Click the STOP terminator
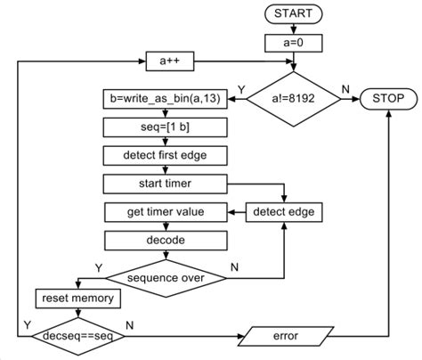click(x=387, y=99)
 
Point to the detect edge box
click(x=283, y=213)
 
